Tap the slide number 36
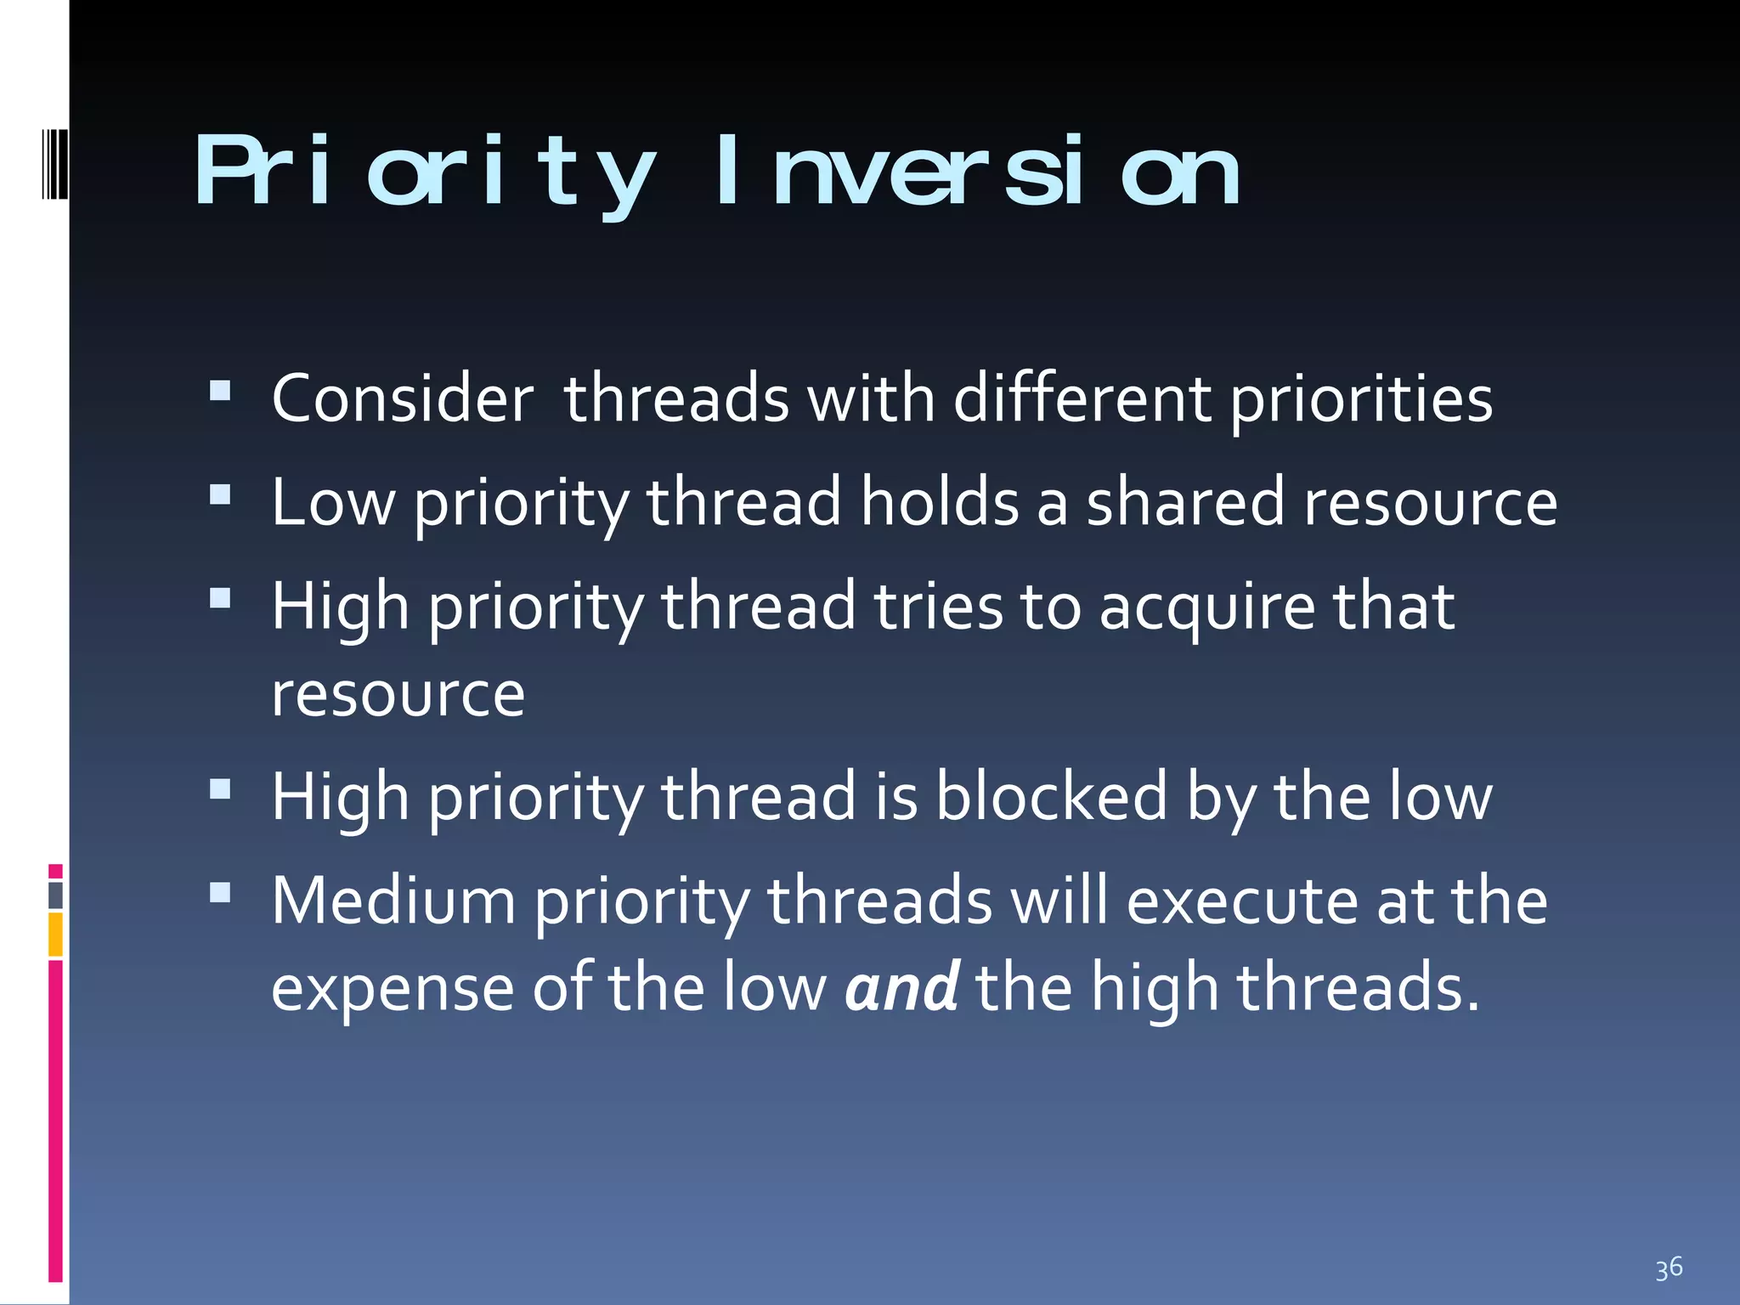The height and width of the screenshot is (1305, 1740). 1669,1268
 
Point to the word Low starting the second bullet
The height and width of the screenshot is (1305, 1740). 333,502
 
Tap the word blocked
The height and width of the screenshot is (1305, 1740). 1052,797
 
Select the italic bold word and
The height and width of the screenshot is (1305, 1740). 902,988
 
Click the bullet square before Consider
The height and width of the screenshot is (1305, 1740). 220,390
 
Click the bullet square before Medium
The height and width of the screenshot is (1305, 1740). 220,892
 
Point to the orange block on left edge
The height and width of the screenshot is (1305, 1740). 55,935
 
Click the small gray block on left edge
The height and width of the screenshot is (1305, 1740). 55,895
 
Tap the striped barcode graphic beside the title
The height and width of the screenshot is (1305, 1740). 55,161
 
